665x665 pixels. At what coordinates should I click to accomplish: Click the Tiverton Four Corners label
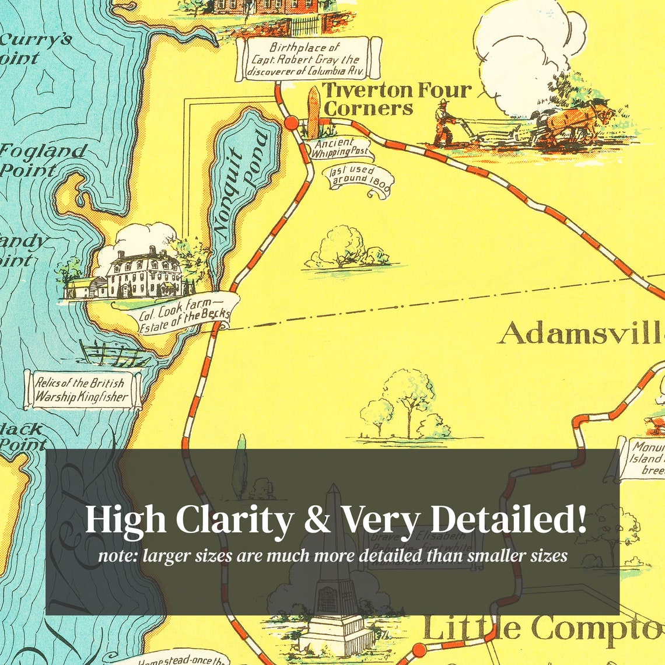[397, 99]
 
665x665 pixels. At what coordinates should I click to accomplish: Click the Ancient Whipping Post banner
[341, 148]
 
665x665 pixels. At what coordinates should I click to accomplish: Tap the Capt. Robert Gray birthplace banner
[308, 60]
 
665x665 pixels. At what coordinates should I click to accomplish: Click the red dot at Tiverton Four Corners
[290, 123]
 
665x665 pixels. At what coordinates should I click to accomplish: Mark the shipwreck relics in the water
[111, 353]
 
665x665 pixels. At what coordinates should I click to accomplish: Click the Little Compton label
[542, 629]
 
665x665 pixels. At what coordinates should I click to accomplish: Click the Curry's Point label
[35, 48]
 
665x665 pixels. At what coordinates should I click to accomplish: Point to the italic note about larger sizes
[332, 555]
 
